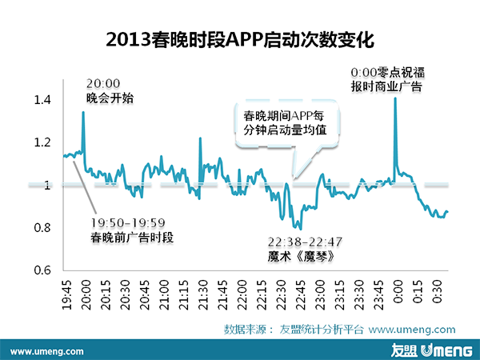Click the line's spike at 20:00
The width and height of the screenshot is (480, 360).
pos(83,113)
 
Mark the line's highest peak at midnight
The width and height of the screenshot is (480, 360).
pos(395,98)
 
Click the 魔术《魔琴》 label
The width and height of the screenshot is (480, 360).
pos(299,258)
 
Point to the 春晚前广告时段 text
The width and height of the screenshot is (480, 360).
pos(133,237)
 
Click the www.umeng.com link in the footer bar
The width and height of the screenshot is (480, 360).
pos(48,350)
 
